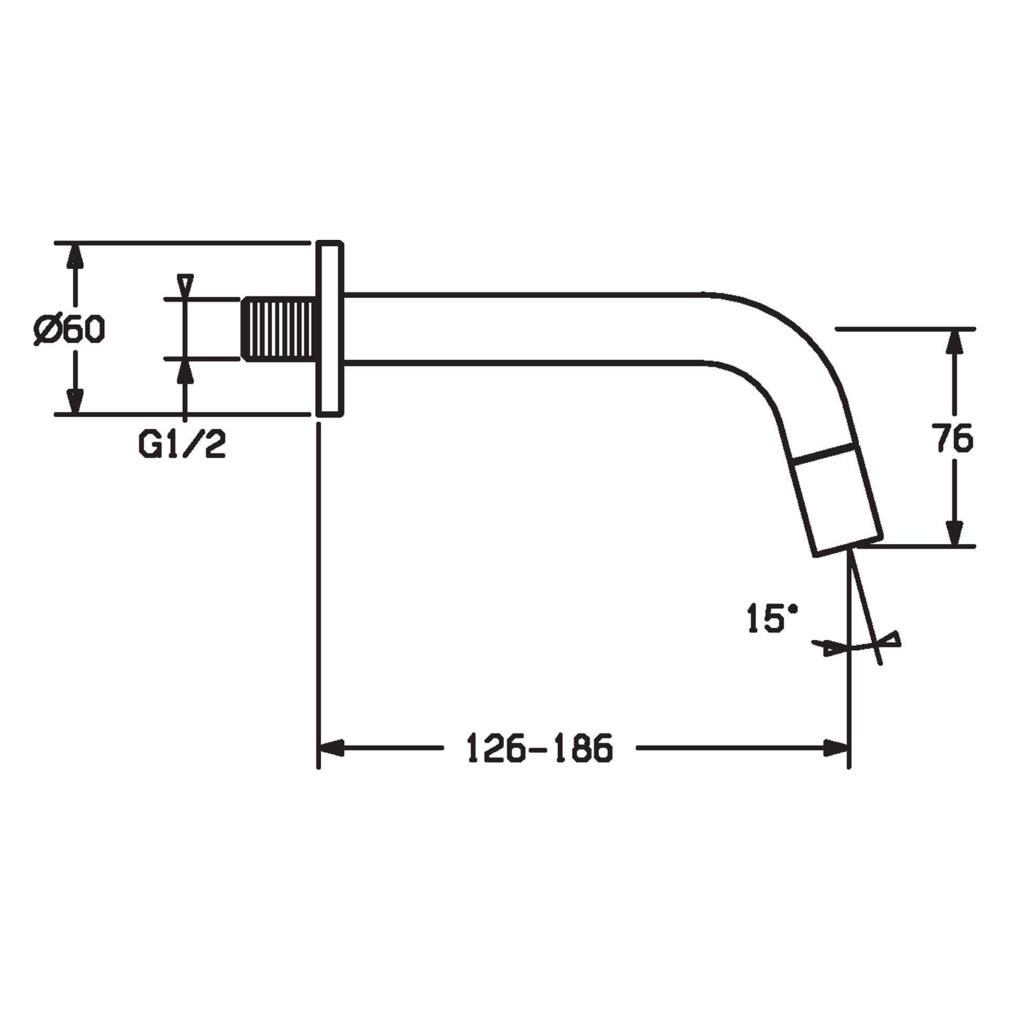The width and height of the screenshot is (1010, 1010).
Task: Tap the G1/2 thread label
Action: point(182,444)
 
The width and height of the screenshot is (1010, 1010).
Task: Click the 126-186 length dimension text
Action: point(540,748)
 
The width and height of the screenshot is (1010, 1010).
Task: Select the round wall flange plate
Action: point(330,329)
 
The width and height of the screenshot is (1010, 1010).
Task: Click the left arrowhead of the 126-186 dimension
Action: point(332,748)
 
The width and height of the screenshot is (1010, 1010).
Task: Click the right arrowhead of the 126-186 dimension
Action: point(835,748)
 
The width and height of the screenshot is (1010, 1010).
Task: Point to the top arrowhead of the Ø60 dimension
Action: point(76,258)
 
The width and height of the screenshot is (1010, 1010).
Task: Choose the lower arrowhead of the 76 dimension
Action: point(954,532)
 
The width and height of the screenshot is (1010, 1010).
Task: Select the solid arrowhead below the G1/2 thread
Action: point(185,372)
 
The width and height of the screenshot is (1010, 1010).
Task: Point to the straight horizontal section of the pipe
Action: point(526,328)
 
